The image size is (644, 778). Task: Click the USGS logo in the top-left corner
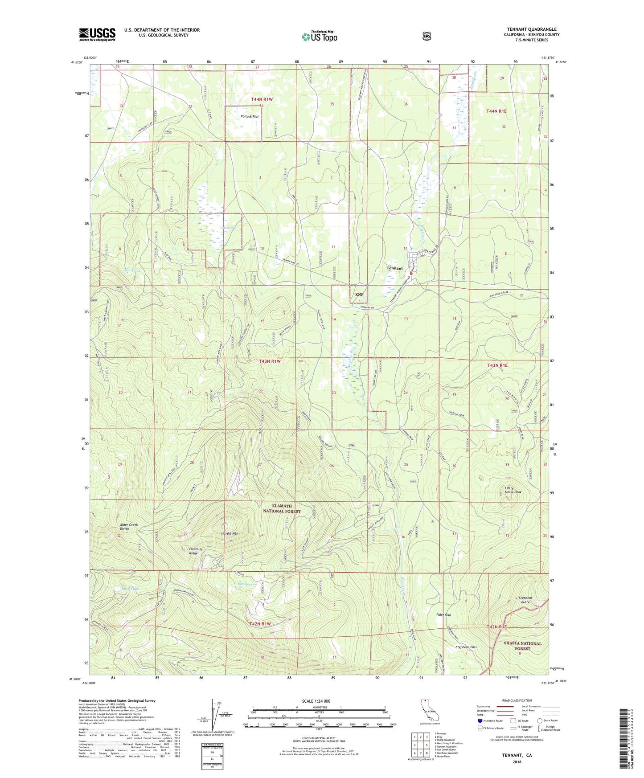(97, 34)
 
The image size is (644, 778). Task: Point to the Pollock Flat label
(250, 117)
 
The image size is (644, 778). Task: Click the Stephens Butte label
(525, 600)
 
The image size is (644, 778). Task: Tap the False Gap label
(443, 614)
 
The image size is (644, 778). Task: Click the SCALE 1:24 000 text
(316, 701)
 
